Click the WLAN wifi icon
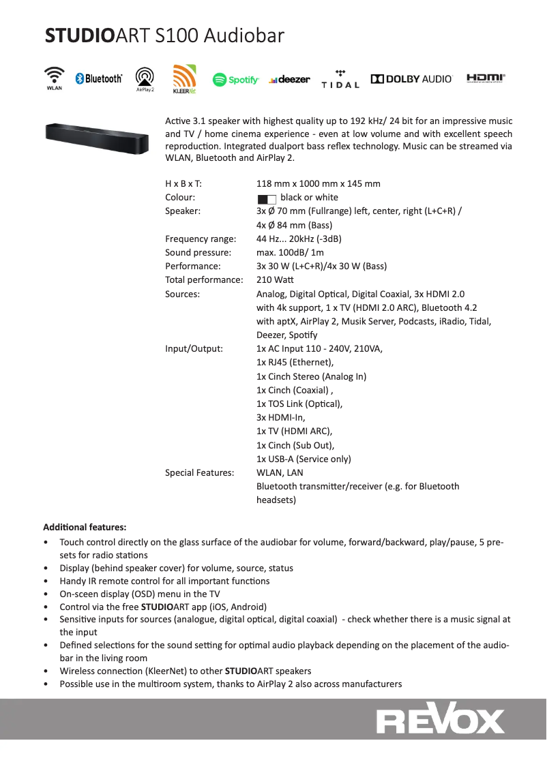[x=55, y=77]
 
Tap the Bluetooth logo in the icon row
[x=99, y=79]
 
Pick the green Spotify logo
[x=236, y=80]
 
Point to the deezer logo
[x=289, y=80]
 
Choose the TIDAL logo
[x=340, y=79]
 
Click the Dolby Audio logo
[x=411, y=79]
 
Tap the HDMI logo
[x=486, y=78]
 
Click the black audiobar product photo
[x=96, y=138]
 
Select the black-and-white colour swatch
[x=267, y=198]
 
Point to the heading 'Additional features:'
[x=85, y=527]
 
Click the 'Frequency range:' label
[x=201, y=239]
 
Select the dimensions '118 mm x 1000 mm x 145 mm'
[x=318, y=183]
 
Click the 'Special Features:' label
[x=199, y=472]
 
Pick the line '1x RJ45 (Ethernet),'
[x=295, y=363]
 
